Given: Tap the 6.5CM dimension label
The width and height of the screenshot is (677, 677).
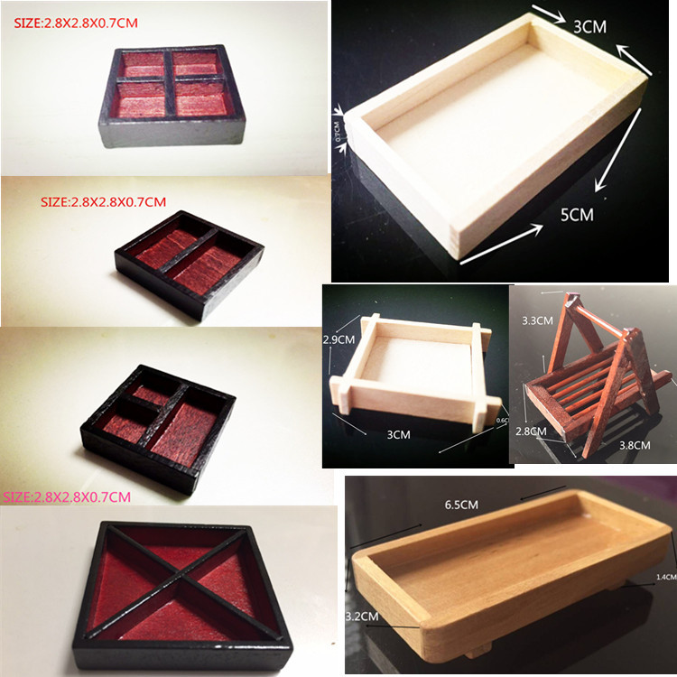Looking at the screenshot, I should click(462, 506).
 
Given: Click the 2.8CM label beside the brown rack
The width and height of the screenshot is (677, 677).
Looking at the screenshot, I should click(532, 431).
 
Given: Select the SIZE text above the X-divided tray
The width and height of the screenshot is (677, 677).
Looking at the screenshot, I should click(67, 496).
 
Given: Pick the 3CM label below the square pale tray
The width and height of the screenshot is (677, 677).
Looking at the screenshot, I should click(398, 434).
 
